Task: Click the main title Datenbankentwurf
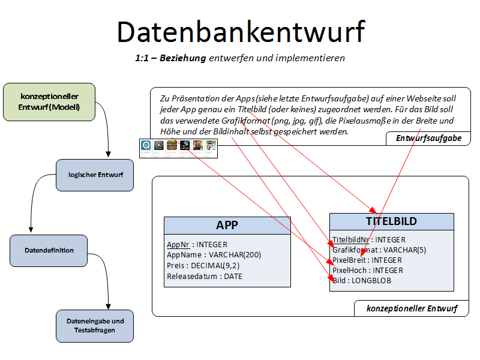(241, 31)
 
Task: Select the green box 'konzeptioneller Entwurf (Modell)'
(49, 101)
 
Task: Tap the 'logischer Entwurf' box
(95, 175)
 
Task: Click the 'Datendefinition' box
(49, 250)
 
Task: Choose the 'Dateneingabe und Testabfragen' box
(95, 326)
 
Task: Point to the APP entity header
(227, 225)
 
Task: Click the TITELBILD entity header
(391, 221)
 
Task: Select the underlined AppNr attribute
(178, 245)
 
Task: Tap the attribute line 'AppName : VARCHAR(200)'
(214, 255)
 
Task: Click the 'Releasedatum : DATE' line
(205, 276)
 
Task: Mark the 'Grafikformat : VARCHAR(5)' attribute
(379, 250)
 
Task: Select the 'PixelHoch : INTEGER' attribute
(368, 271)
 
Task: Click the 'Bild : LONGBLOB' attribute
(362, 280)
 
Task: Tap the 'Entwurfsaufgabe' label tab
(428, 139)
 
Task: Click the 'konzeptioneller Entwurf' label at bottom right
(412, 309)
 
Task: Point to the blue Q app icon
(146, 145)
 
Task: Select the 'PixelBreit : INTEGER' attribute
(367, 260)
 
